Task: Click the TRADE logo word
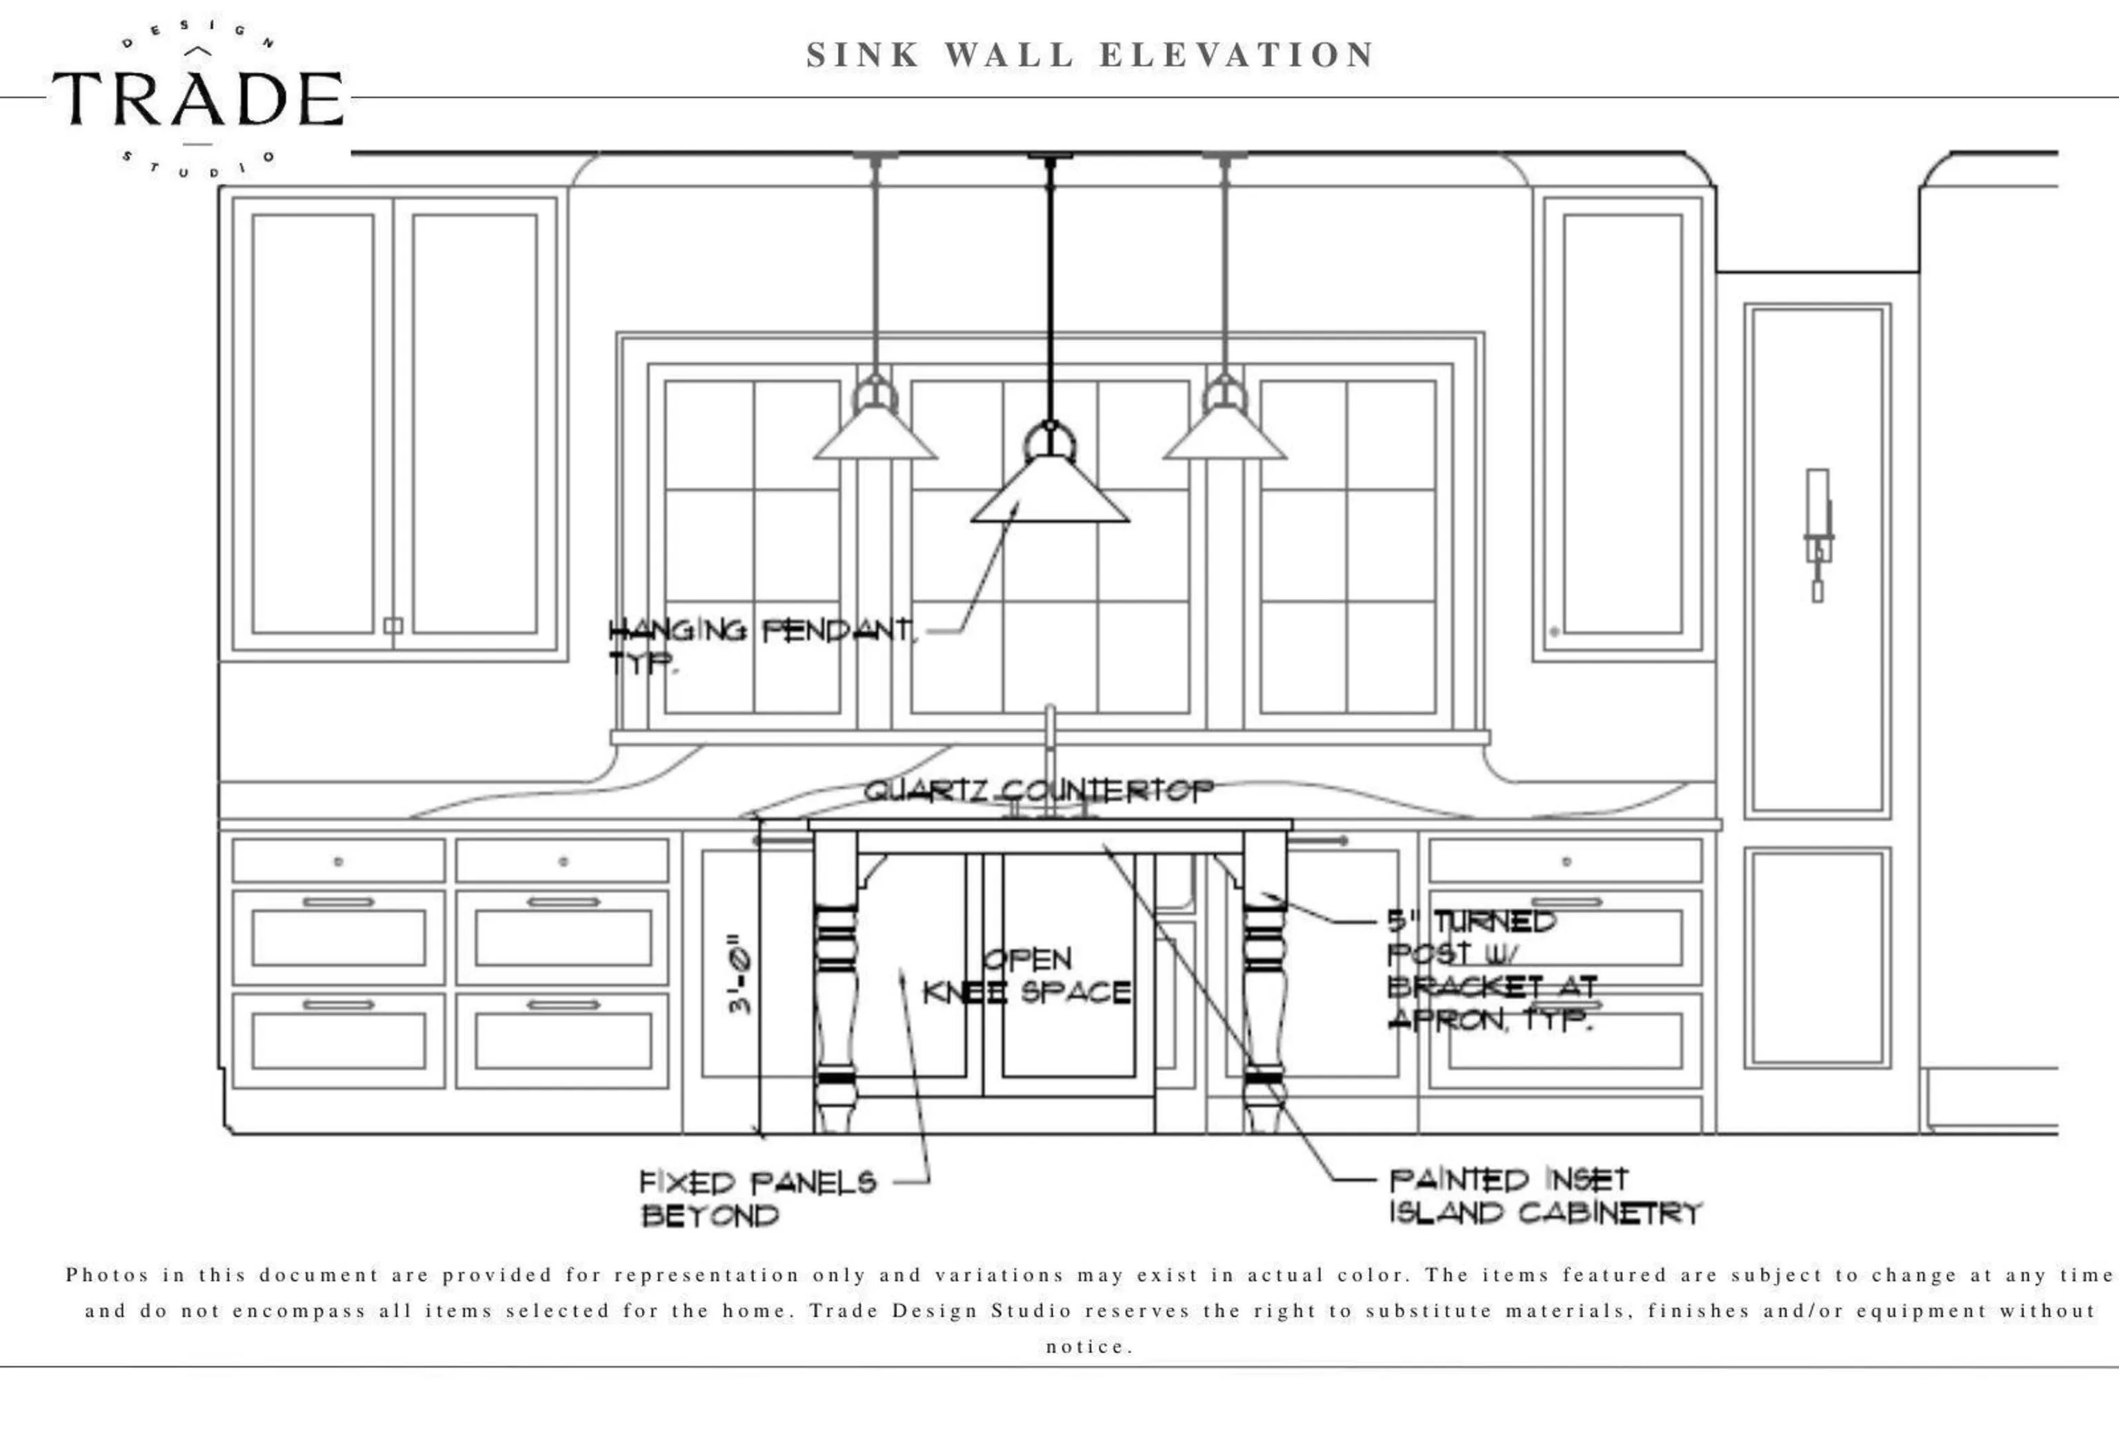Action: pos(197,99)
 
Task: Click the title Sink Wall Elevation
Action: pos(1091,55)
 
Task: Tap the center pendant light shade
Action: pos(1051,493)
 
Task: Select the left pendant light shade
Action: pos(875,435)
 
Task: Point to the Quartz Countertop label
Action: pos(1037,790)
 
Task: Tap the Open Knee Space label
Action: pos(1028,976)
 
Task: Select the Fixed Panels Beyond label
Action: pos(757,1198)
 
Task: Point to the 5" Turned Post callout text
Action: pos(1490,969)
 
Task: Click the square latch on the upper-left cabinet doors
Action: pos(393,626)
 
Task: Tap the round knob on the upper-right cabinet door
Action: pos(1553,631)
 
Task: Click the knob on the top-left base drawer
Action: pos(338,861)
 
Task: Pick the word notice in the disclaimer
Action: pos(1088,1346)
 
